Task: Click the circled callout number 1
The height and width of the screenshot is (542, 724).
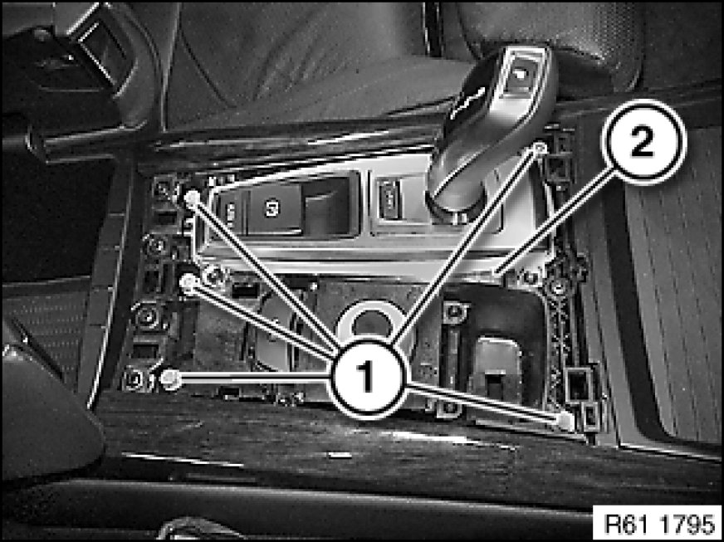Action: point(367,378)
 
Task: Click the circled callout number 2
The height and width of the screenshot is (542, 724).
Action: point(644,141)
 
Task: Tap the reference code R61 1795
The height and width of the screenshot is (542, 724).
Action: point(658,524)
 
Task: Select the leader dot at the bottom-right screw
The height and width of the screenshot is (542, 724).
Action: point(565,420)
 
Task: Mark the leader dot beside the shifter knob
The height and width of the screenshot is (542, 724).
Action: point(540,149)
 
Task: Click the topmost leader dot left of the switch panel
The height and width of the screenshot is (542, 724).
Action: point(192,198)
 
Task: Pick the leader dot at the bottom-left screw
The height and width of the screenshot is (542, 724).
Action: point(170,378)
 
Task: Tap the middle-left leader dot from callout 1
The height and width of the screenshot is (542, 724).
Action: point(188,282)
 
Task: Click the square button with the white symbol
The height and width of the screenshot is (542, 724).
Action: point(271,208)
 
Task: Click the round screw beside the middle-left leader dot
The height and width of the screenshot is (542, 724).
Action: point(213,276)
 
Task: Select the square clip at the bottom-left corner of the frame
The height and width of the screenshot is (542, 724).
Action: point(137,379)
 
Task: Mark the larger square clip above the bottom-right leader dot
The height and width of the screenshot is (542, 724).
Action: point(578,384)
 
